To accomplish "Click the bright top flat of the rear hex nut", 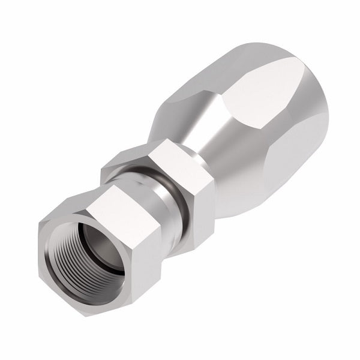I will click(174, 153).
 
